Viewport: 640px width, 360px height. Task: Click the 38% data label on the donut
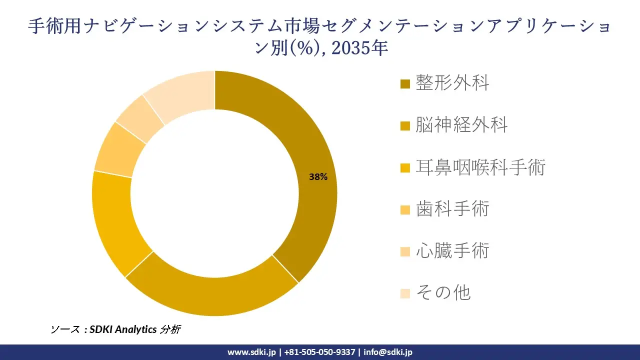[318, 176]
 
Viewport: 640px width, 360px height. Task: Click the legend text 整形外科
[452, 83]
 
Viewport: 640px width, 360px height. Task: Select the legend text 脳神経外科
[461, 124]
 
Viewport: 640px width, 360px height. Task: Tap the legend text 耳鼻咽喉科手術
[480, 166]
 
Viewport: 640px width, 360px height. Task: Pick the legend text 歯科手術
[452, 208]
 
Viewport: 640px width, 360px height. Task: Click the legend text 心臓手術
[452, 250]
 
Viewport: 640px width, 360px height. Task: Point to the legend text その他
[443, 292]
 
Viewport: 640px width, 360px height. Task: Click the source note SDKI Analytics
[123, 329]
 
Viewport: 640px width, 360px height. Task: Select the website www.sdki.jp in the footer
[251, 352]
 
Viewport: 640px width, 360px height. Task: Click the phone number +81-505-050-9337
[320, 352]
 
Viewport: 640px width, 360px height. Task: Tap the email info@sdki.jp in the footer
[388, 352]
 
